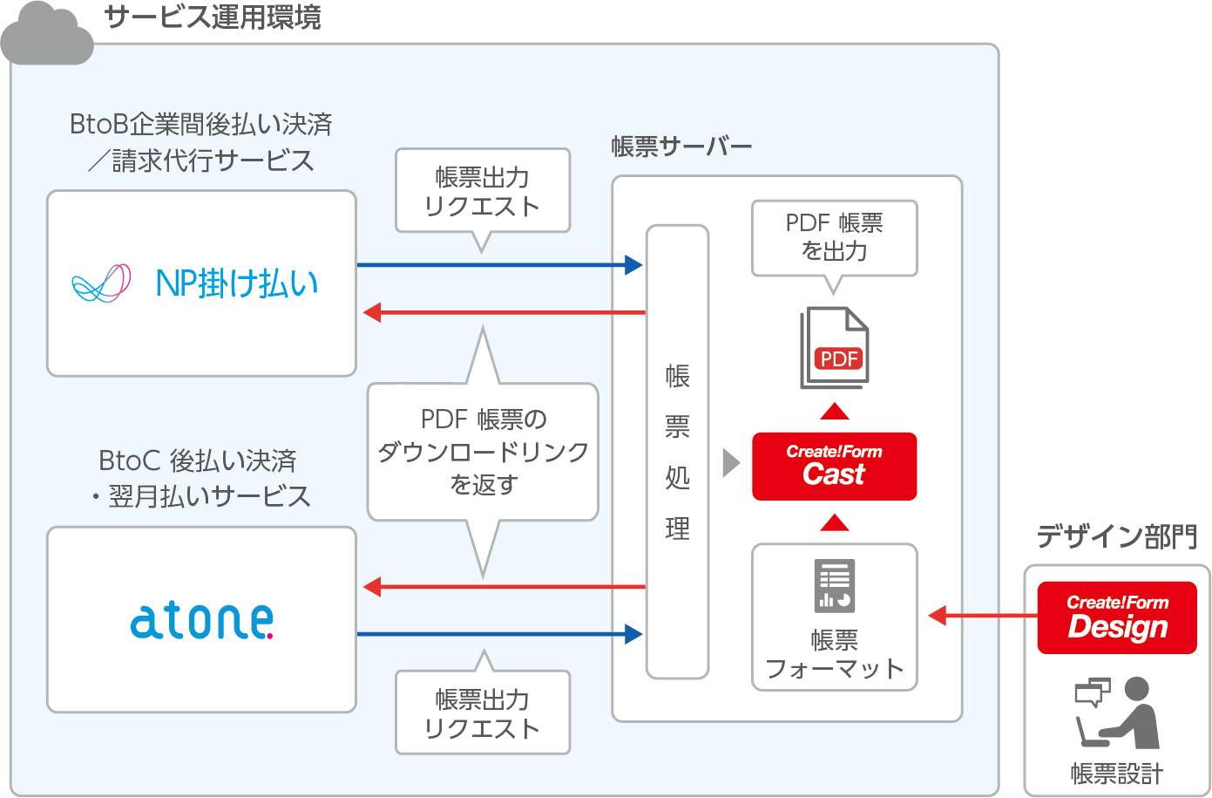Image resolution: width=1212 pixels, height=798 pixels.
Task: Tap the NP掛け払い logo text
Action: click(236, 283)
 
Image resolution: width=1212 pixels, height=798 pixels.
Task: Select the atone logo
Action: click(201, 620)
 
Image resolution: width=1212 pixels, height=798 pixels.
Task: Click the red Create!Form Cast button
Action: click(834, 466)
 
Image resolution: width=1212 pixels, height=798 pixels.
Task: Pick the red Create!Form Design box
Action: click(1116, 617)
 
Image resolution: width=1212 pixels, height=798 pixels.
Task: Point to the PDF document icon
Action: click(835, 348)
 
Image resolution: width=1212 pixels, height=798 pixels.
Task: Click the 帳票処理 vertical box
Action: click(677, 452)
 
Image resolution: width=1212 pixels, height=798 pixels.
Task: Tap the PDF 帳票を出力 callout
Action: click(834, 237)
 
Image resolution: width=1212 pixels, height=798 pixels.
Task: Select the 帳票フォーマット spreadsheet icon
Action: click(834, 585)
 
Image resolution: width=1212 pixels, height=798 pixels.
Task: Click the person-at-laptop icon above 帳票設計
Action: click(1117, 713)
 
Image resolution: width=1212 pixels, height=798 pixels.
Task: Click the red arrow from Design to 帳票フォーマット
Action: click(982, 616)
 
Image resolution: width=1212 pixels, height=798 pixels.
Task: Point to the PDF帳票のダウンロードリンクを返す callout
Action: click(483, 452)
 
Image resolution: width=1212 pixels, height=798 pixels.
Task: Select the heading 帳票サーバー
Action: click(680, 147)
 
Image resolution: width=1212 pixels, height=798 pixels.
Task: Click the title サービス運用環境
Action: click(212, 17)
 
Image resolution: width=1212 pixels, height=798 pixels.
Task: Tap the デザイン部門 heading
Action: click(1116, 536)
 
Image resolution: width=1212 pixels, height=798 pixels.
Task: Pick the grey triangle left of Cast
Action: click(731, 463)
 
